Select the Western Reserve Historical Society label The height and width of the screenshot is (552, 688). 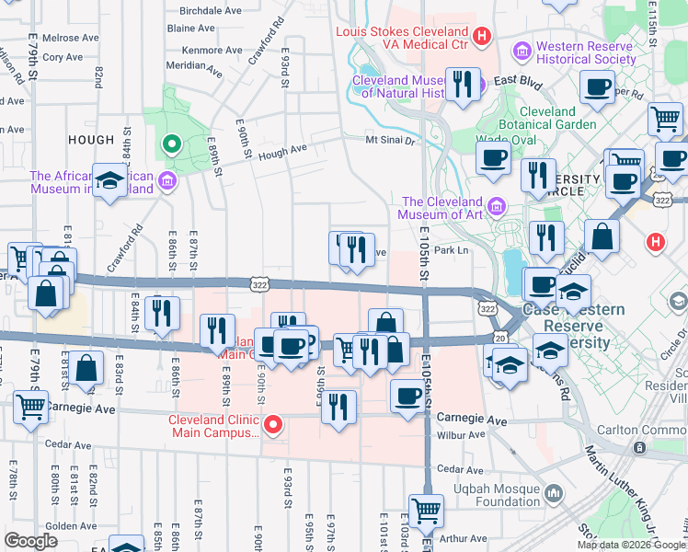pos(586,52)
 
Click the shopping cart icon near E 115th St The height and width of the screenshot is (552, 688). pos(664,119)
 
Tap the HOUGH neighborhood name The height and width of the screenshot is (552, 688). pos(91,140)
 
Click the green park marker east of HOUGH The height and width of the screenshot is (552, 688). pos(170,144)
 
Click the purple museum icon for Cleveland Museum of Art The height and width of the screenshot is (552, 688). pos(498,203)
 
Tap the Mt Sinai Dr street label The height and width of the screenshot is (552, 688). pos(391,140)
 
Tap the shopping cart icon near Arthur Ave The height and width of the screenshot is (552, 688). pos(425,510)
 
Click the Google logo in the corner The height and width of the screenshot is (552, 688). pos(30,540)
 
